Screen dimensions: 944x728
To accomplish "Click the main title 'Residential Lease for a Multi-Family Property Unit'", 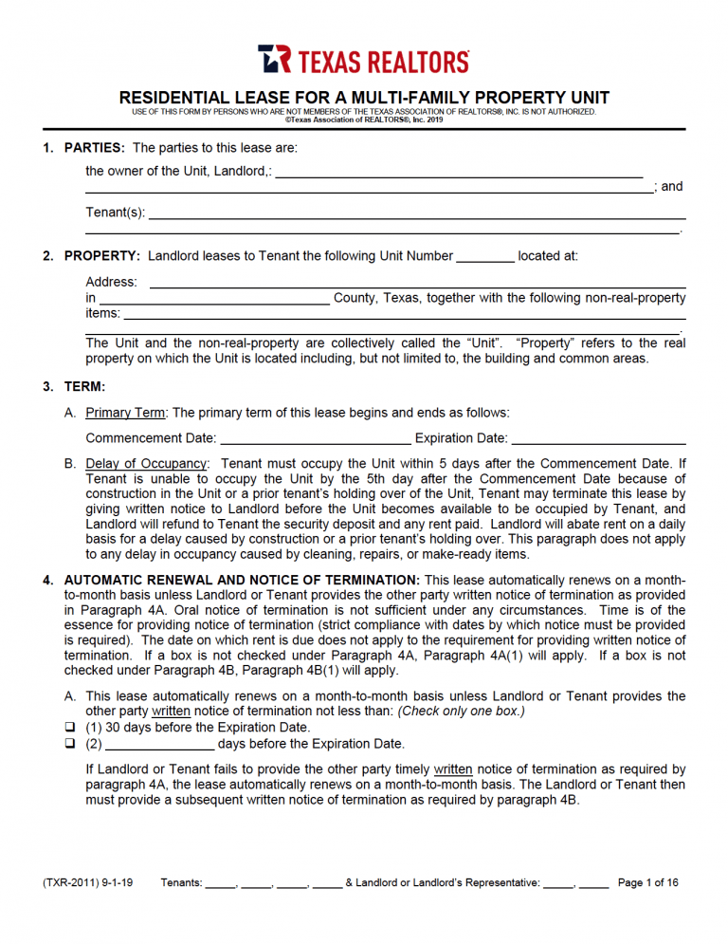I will pyautogui.click(x=364, y=98).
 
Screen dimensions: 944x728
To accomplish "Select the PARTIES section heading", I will pyautogui.click(x=94, y=148).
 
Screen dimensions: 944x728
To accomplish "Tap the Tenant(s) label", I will pyautogui.click(x=115, y=213).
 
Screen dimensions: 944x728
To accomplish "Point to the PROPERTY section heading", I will pyautogui.click(x=102, y=256).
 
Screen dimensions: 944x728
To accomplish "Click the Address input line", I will pyautogui.click(x=417, y=283).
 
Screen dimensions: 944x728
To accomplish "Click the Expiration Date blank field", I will pyautogui.click(x=598, y=439).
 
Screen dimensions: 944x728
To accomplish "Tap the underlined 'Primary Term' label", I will pyautogui.click(x=125, y=413).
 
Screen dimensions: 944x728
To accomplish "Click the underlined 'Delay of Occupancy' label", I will pyautogui.click(x=146, y=464).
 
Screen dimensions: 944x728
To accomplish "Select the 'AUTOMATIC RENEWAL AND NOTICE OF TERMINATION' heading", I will pyautogui.click(x=242, y=580).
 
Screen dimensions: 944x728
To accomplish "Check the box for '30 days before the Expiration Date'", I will pyautogui.click(x=69, y=728).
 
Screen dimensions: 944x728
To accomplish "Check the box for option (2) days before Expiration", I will pyautogui.click(x=69, y=744).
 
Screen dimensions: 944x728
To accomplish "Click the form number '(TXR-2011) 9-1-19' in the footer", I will pyautogui.click(x=87, y=883).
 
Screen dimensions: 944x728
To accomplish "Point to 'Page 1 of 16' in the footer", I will pyautogui.click(x=648, y=883).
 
